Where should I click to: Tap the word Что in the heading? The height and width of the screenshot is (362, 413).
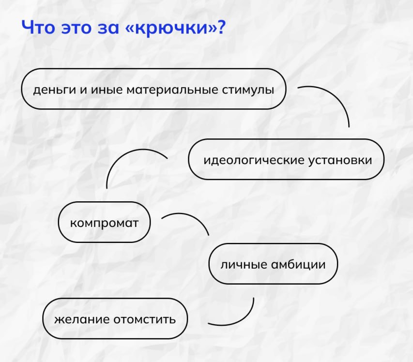(38, 27)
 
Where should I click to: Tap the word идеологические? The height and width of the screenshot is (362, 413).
(253, 160)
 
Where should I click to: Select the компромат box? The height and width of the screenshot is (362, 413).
(104, 222)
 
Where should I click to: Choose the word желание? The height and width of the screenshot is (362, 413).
(82, 319)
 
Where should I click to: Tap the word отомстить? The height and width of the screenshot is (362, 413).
(145, 319)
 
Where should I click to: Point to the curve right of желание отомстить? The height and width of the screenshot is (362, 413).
(242, 318)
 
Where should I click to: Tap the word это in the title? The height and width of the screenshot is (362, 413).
(76, 28)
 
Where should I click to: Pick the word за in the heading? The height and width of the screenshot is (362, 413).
(108, 28)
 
